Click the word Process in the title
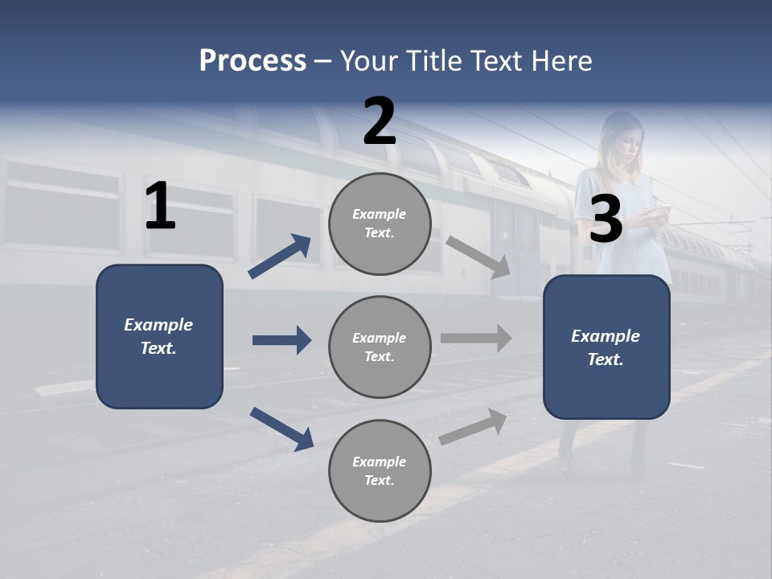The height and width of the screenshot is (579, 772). tap(253, 61)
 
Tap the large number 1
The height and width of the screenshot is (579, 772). tap(160, 207)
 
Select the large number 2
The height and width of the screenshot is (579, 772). tap(380, 121)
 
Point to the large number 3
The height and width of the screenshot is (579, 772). tap(606, 220)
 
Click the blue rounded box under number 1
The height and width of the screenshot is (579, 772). tap(159, 336)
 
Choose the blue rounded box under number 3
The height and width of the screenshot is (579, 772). tap(606, 347)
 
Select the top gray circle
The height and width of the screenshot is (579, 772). tap(380, 224)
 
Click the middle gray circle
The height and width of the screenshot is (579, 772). tap(380, 347)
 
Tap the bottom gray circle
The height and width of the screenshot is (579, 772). tap(380, 470)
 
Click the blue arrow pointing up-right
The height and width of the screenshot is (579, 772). tap(280, 256)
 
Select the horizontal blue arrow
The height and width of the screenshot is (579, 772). tap(281, 340)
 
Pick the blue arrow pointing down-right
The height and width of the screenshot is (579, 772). tap(281, 428)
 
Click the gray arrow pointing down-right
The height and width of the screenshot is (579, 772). tap(478, 257)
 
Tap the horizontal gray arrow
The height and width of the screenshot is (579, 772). tap(476, 339)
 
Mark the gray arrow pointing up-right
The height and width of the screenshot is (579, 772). tap(474, 426)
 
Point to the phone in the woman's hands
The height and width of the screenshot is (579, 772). tap(659, 211)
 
